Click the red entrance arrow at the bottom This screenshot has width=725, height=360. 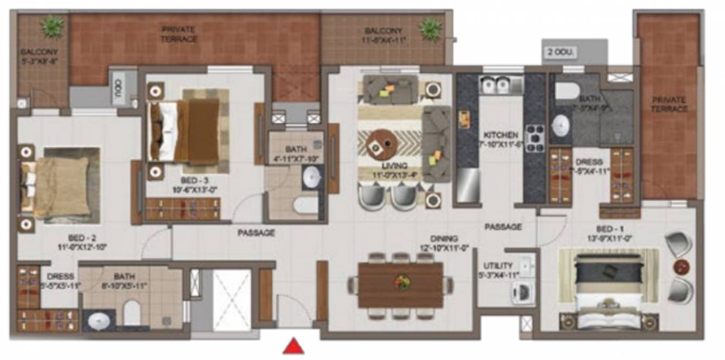[293, 346]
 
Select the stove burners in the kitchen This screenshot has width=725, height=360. [535, 138]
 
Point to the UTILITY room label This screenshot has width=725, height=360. [498, 266]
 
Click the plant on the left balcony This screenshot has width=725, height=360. [53, 26]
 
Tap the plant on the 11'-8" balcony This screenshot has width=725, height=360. [431, 26]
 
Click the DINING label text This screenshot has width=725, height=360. [444, 238]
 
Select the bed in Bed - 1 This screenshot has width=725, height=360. [608, 289]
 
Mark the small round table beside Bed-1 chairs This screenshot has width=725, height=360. [682, 267]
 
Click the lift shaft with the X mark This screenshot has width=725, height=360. [232, 300]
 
